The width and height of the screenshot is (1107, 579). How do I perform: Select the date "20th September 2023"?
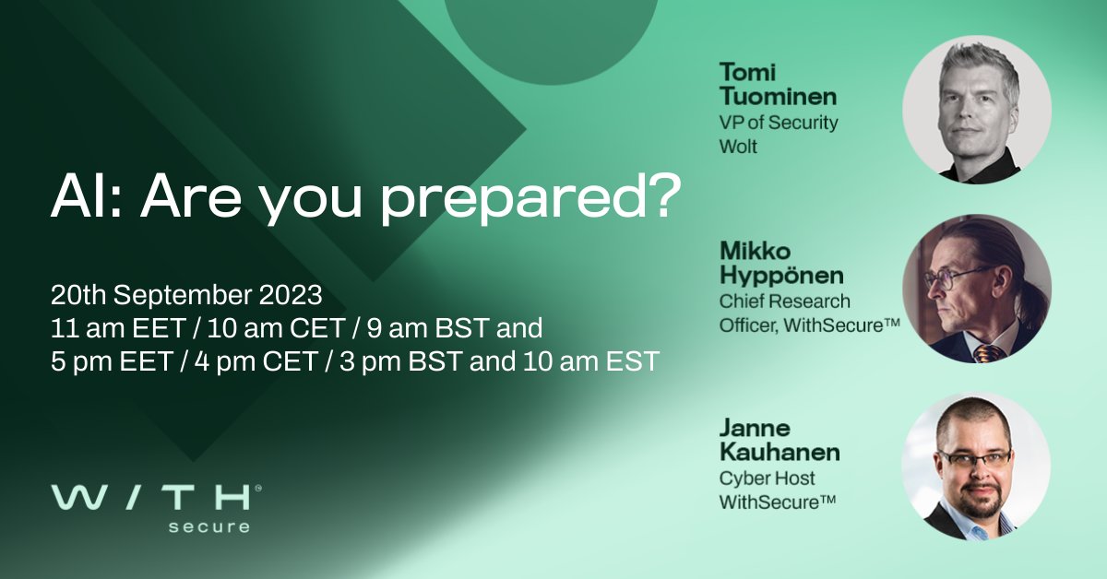tap(186, 296)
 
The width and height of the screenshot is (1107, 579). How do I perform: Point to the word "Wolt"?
tap(738, 147)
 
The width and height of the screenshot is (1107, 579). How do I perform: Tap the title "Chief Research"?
tap(784, 301)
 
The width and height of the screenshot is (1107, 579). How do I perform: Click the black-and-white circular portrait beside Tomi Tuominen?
tap(976, 111)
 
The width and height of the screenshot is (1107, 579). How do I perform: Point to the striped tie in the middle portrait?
tap(987, 353)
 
